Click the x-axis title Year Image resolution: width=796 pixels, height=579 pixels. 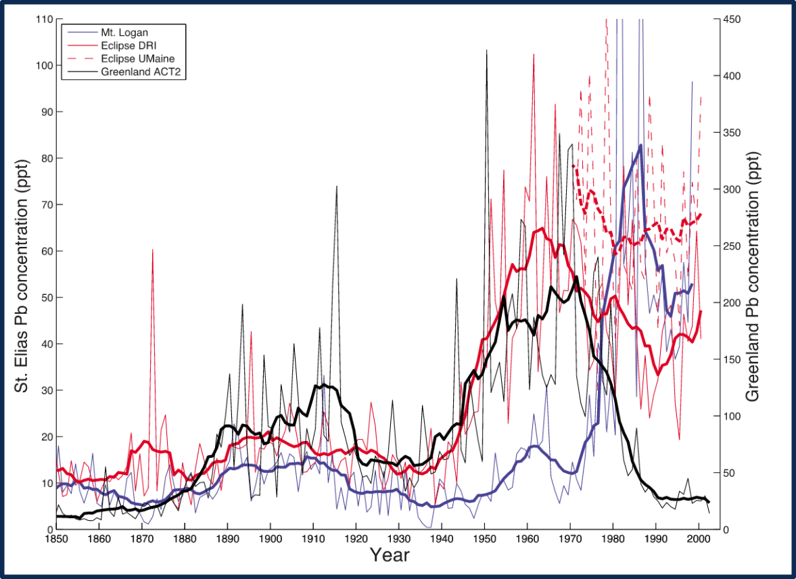390,556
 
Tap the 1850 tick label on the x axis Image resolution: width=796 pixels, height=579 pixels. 56,538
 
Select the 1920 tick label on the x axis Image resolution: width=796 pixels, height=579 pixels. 356,538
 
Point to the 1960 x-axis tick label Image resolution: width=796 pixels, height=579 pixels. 527,538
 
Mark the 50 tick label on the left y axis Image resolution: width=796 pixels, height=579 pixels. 47,298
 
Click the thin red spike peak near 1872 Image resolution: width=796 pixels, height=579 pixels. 152,250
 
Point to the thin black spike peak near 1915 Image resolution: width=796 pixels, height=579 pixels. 336,186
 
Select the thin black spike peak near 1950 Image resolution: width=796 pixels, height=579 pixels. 486,50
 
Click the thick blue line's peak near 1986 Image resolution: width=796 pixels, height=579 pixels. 640,145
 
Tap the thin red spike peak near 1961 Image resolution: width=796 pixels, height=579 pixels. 534,54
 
